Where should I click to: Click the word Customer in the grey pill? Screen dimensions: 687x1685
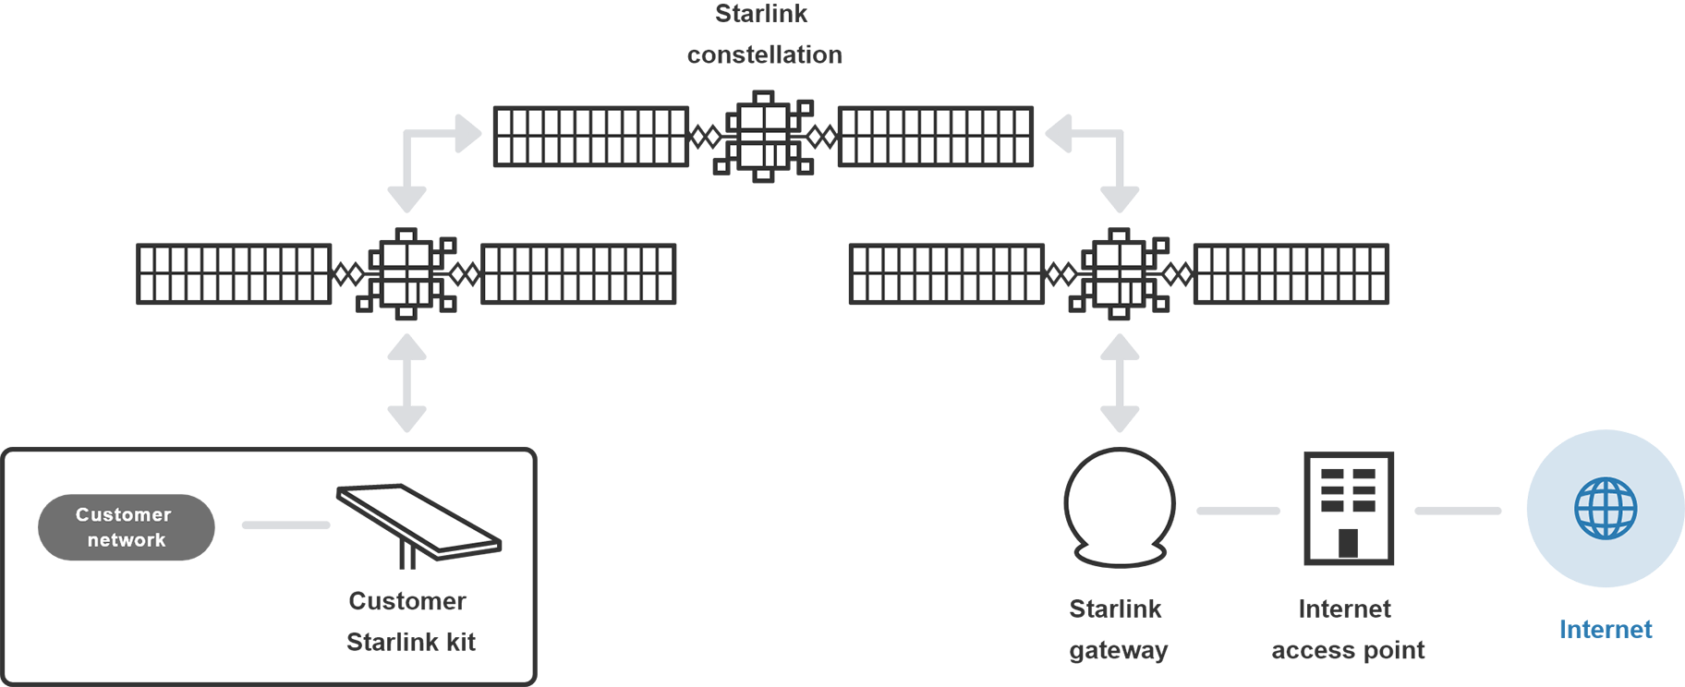(123, 514)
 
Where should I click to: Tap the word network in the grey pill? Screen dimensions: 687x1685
(126, 540)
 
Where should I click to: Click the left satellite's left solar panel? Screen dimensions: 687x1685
(234, 273)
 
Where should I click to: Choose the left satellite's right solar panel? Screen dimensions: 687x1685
(577, 273)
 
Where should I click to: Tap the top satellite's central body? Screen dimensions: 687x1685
(762, 136)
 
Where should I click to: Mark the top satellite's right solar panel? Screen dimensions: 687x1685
(936, 136)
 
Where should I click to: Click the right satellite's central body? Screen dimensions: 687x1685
(1119, 273)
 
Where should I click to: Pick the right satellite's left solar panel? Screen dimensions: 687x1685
(947, 273)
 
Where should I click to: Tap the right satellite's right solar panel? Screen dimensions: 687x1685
(1291, 273)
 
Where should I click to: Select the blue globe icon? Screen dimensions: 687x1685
(1606, 509)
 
